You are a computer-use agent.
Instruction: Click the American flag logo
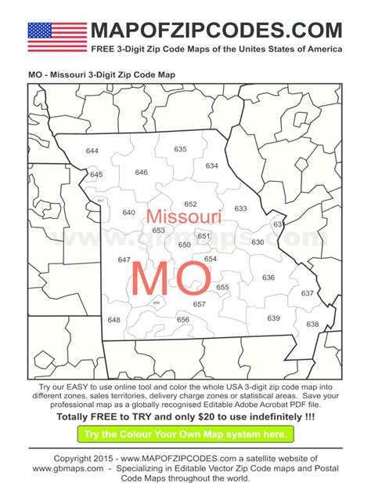(57, 37)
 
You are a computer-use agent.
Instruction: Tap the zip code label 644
(92, 151)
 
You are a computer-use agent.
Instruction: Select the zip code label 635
(181, 149)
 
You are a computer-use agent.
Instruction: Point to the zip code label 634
(212, 166)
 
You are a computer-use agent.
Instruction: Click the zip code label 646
(141, 173)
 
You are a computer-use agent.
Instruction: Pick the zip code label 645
(96, 175)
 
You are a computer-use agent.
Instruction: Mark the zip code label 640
(128, 213)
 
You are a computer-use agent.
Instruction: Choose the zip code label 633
(240, 209)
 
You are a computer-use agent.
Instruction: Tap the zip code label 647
(124, 260)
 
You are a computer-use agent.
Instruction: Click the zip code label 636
(268, 278)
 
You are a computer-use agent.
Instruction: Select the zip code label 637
(308, 293)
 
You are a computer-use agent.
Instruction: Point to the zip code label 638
(312, 324)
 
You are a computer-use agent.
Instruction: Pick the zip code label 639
(273, 318)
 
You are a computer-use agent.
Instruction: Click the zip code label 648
(114, 320)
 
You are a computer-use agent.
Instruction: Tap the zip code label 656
(183, 319)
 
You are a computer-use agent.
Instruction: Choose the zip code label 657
(200, 304)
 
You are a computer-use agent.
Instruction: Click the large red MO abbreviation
(171, 278)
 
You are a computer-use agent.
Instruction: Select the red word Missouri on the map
(184, 216)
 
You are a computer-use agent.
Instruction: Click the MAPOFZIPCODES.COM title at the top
(216, 31)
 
